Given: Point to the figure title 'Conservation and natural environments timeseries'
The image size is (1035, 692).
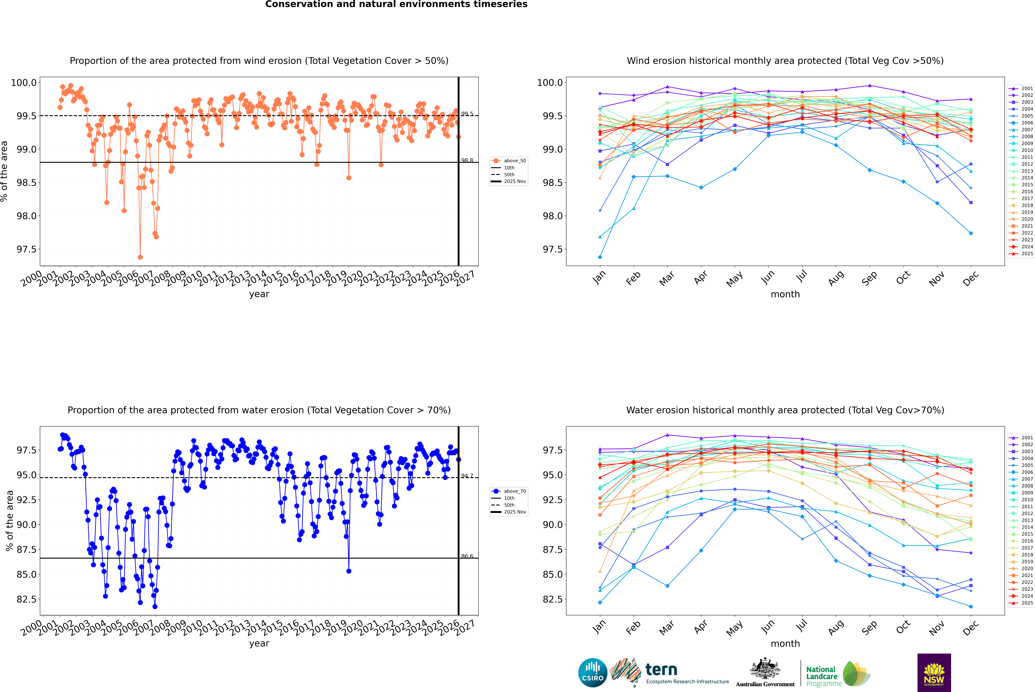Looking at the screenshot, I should click(396, 4).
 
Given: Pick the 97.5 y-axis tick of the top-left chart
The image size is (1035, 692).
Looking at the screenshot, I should click(26, 249).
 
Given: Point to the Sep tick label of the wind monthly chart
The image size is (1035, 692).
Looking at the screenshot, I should click(869, 278).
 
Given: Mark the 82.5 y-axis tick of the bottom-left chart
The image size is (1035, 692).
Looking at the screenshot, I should click(26, 599).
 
